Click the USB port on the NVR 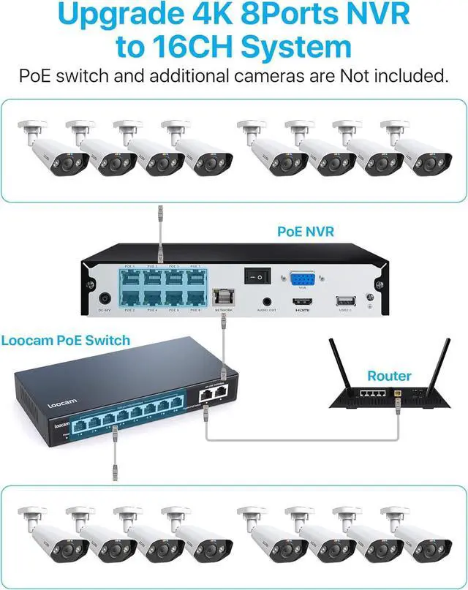click(344, 300)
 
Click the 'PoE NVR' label click(306, 231)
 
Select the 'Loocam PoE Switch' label click(66, 341)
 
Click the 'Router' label click(389, 376)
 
